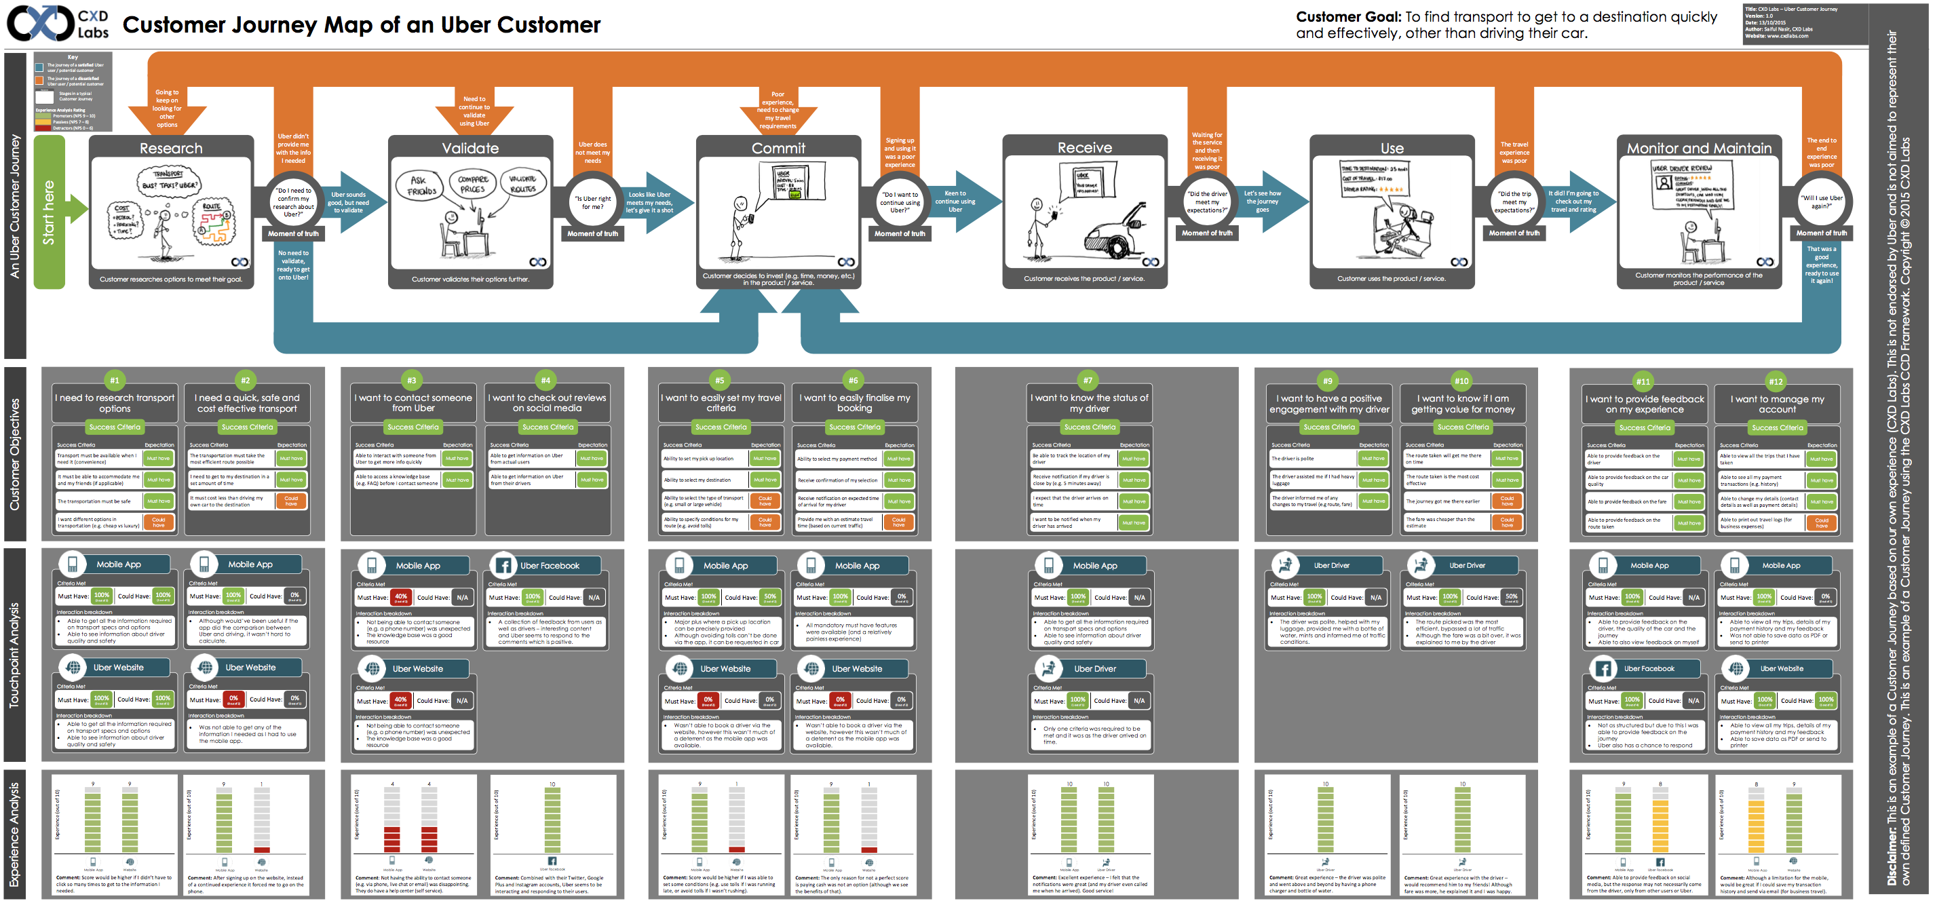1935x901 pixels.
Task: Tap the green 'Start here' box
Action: (x=50, y=212)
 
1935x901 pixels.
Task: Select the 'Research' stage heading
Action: (x=171, y=148)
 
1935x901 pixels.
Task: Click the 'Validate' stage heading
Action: (x=470, y=148)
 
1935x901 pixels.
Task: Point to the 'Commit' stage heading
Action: (x=778, y=148)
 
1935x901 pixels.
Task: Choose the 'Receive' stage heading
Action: (x=1085, y=147)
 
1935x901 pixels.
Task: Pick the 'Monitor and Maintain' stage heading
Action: (x=1698, y=148)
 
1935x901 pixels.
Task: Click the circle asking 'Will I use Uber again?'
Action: (x=1821, y=202)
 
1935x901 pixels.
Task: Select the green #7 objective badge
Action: (x=1088, y=380)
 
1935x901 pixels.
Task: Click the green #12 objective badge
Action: (x=1776, y=381)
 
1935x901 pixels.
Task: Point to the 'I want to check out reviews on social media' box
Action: (x=547, y=403)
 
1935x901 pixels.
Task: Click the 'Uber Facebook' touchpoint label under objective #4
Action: (x=549, y=565)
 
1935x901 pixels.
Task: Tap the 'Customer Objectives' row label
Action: (x=15, y=454)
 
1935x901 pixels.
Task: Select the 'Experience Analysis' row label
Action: (x=15, y=834)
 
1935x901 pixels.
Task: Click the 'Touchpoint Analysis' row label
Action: (x=15, y=655)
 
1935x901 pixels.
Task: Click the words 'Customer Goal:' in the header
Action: (x=1348, y=17)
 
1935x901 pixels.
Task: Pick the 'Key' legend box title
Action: (x=73, y=57)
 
